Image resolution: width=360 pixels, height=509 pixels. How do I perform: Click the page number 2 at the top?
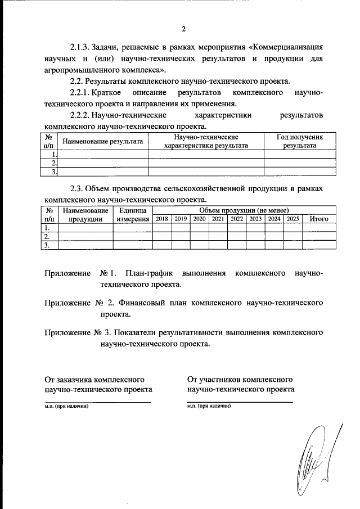[x=183, y=29]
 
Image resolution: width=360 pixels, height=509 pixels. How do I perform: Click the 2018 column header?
[x=162, y=219]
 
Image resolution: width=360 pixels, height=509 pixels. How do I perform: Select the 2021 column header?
[x=218, y=219]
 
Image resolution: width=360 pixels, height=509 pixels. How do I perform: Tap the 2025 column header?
[x=292, y=219]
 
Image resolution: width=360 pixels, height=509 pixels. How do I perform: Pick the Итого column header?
[x=319, y=219]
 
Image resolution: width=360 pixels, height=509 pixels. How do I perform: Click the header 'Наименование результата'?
[x=102, y=142]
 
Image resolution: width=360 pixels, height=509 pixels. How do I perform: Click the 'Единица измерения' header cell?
[x=133, y=214]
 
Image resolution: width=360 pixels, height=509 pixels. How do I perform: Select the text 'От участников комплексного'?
[x=239, y=377]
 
